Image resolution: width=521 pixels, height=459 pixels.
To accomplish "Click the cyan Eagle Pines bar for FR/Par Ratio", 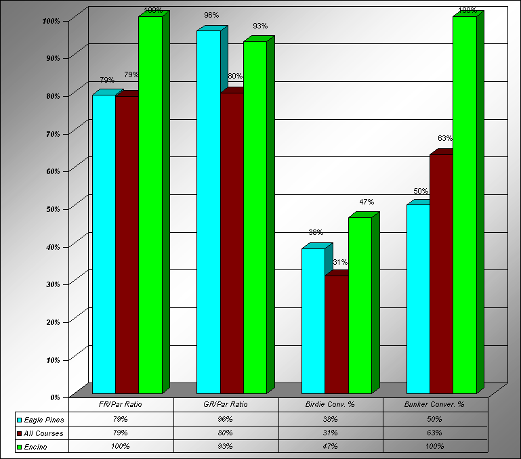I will point(104,244).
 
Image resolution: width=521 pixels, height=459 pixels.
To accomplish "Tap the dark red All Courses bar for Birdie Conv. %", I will point(337,334).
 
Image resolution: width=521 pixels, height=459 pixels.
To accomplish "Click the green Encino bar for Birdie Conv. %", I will point(360,305).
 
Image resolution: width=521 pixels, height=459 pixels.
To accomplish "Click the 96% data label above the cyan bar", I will point(211,14).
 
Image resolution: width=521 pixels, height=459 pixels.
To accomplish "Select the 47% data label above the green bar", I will point(367,202).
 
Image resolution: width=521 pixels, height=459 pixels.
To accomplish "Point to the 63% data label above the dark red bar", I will point(445,139).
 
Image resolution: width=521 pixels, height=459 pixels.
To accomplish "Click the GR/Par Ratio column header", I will point(226,405).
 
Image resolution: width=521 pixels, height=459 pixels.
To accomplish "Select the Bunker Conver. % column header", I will point(434,405).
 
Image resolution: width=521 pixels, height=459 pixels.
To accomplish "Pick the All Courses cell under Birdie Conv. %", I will point(331,433).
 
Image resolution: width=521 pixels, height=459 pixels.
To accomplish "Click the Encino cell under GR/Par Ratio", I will point(226,447).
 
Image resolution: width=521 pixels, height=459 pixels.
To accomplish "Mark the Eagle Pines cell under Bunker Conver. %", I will point(434,420).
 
